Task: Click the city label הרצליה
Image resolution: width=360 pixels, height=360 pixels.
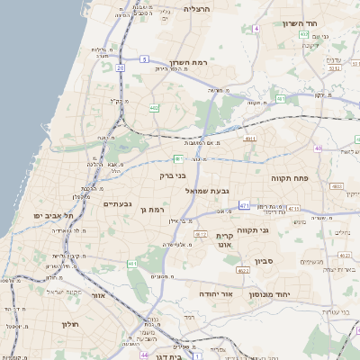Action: pyautogui.click(x=196, y=8)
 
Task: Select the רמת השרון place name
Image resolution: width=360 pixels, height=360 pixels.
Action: pyautogui.click(x=188, y=64)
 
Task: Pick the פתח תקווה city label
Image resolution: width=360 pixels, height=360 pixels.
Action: pyautogui.click(x=290, y=178)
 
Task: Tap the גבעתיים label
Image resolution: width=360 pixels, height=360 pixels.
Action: pyautogui.click(x=119, y=204)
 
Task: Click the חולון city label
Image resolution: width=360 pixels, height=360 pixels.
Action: pyautogui.click(x=72, y=324)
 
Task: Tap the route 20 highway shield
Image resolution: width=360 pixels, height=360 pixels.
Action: pyautogui.click(x=120, y=67)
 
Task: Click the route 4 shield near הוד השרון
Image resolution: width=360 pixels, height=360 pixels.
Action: pyautogui.click(x=256, y=29)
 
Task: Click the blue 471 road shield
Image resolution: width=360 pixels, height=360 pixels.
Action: pyautogui.click(x=245, y=206)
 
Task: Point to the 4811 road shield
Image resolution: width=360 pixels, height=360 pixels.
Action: pyautogui.click(x=249, y=138)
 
